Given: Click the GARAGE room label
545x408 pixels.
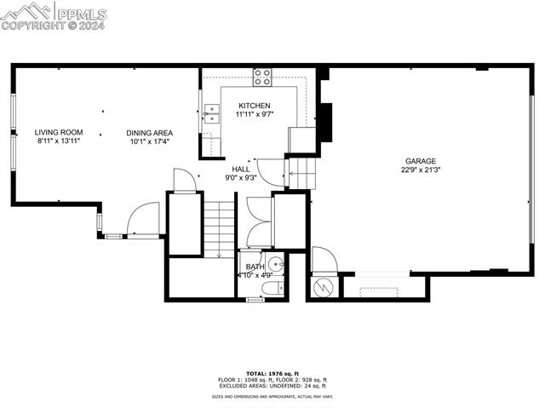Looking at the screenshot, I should tap(420, 160).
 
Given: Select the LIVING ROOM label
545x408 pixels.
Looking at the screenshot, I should tap(58, 132).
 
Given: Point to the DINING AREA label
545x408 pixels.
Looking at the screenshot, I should tap(149, 133).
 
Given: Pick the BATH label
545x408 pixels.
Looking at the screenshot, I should tap(255, 267).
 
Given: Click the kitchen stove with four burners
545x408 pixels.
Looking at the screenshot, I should tap(262, 78).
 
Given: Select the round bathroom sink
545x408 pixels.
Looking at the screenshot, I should tap(274, 262).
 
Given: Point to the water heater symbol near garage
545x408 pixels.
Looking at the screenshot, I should tap(323, 287).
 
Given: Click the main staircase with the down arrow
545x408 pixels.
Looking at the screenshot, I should tap(219, 226).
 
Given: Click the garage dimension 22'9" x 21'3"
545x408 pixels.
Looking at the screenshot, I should tap(420, 170).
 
